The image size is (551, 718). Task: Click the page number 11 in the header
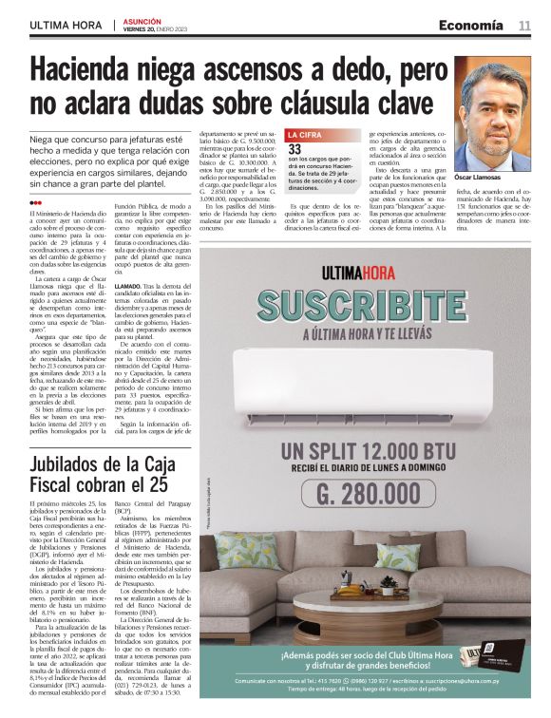pyautogui.click(x=524, y=25)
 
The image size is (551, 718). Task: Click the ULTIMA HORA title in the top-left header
pyautogui.click(x=66, y=25)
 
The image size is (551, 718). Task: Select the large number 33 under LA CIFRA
pyautogui.click(x=295, y=149)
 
